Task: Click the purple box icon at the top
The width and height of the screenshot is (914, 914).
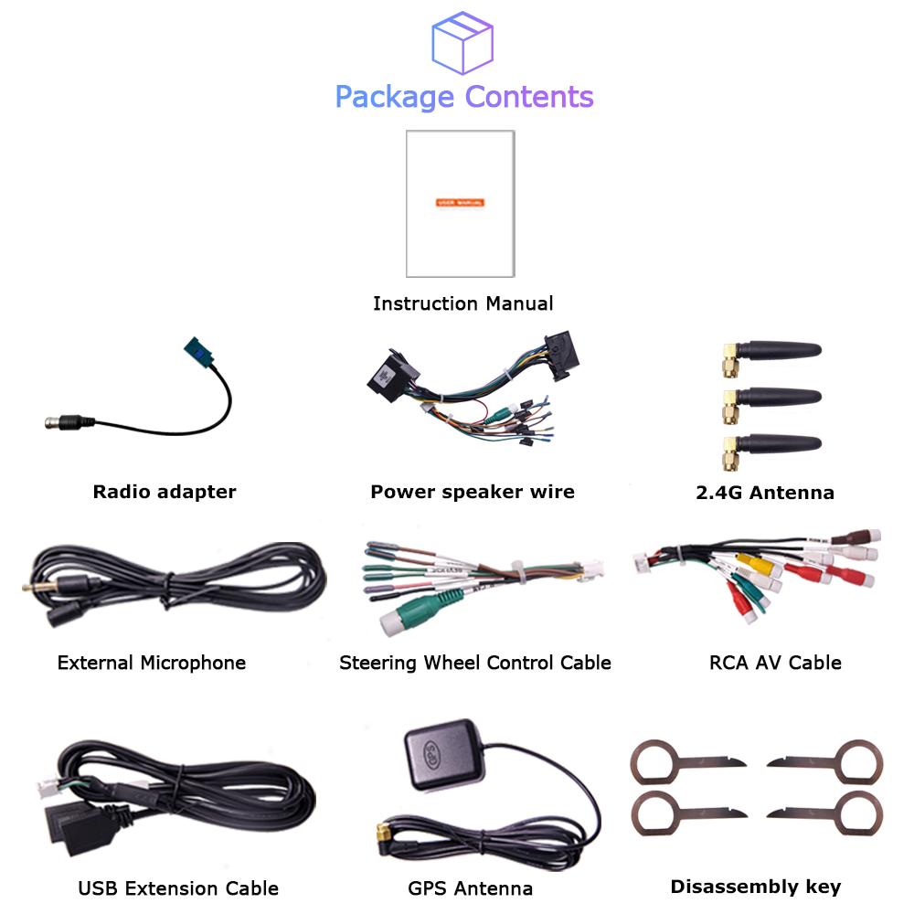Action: [x=462, y=41]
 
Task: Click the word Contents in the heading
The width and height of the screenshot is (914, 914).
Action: [x=529, y=96]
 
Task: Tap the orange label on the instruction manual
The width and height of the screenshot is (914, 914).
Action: [x=460, y=202]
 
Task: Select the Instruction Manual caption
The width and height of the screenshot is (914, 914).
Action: [x=462, y=303]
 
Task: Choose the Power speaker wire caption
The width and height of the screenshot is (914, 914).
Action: [x=472, y=492]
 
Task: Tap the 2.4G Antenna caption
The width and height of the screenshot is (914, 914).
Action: [x=764, y=493]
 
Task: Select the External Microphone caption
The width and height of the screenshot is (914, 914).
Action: [x=151, y=663]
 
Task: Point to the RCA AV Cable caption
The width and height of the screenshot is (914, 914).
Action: [x=775, y=663]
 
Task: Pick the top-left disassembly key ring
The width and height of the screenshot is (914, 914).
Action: [x=655, y=762]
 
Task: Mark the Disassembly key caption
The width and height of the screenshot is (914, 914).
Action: [x=755, y=886]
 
